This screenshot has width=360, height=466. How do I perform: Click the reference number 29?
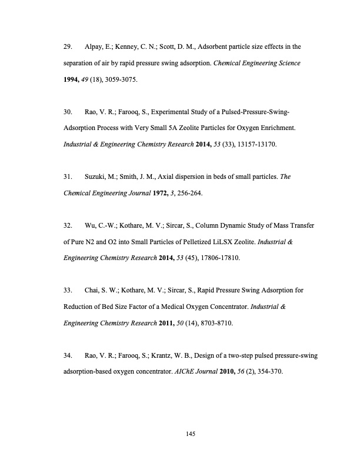coord(68,46)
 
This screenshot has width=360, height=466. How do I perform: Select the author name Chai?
coord(94,290)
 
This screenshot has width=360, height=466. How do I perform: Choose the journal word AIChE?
coord(185,371)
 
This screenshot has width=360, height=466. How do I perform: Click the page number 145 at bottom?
coord(189,434)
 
